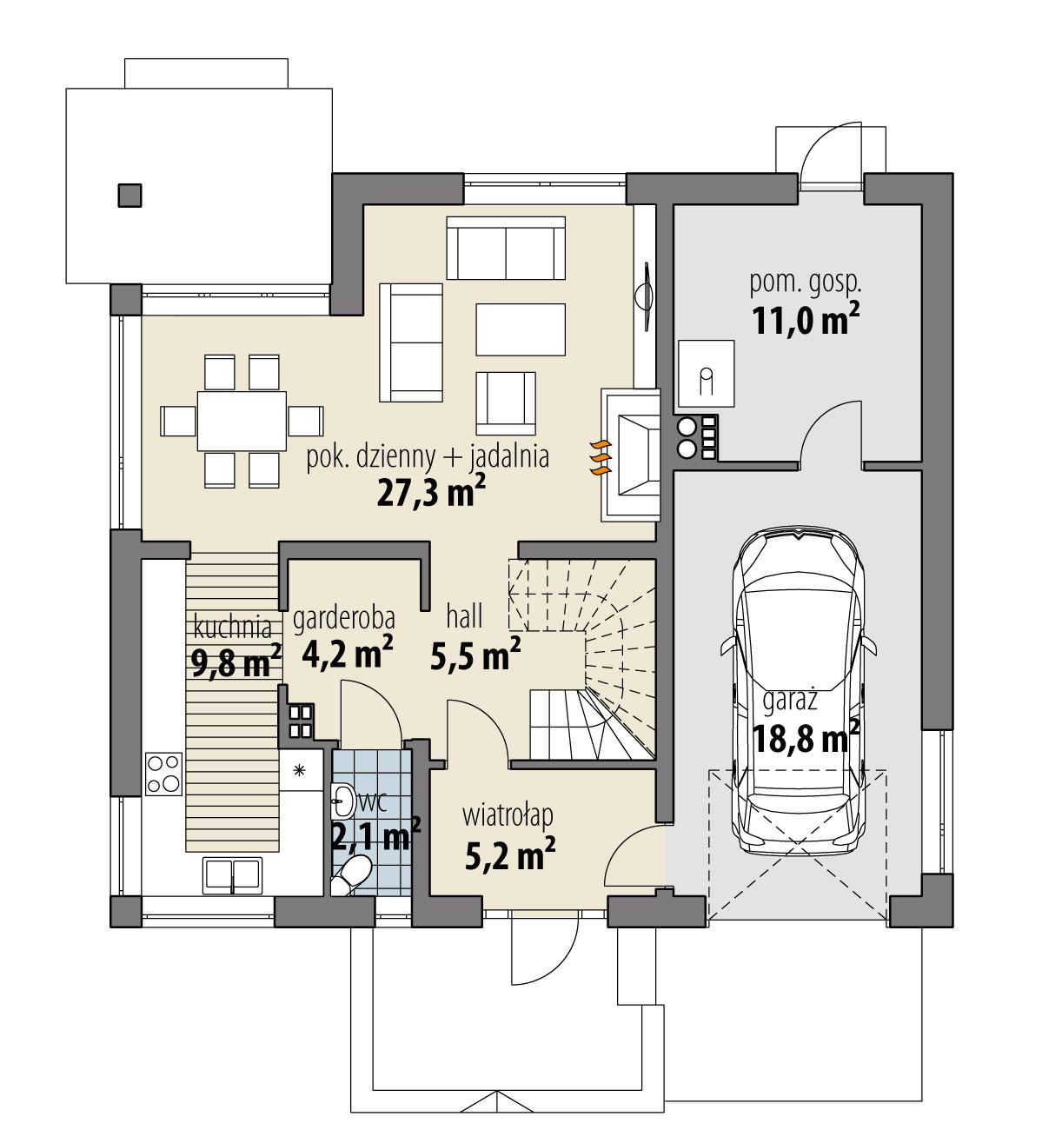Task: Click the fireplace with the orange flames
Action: (634, 455)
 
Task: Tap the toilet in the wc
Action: (353, 874)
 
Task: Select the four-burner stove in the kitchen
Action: (163, 772)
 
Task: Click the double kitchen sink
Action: (232, 875)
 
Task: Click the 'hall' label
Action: (464, 617)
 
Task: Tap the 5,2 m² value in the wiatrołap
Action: (510, 854)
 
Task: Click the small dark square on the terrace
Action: (129, 196)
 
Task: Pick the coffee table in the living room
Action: (520, 329)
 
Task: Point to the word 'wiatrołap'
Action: (508, 817)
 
